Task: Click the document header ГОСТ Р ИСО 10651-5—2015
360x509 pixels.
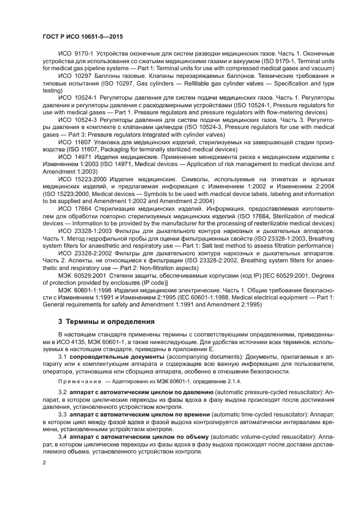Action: point(83,36)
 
